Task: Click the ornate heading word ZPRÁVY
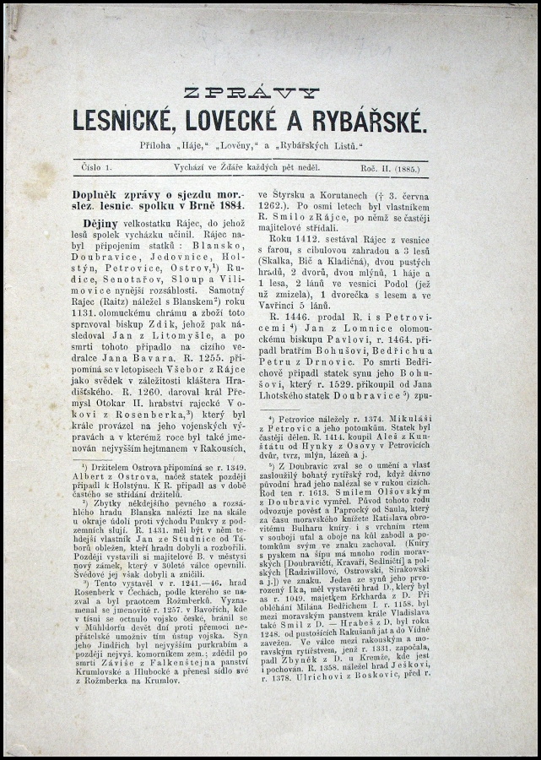click(x=251, y=93)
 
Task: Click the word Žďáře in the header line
click(x=225, y=169)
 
